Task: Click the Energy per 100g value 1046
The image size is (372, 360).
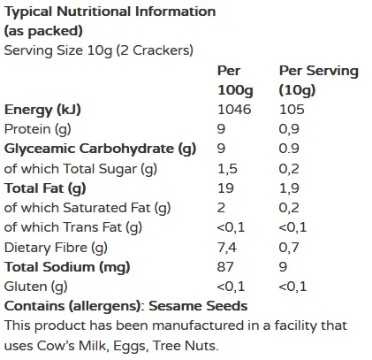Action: coord(234,110)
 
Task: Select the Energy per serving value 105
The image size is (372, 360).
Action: coord(291,110)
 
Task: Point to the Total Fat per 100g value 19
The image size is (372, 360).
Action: coord(225,188)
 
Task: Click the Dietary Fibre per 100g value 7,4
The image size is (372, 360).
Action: coord(228,247)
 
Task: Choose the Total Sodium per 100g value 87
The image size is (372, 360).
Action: coord(225,266)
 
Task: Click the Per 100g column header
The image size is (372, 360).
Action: coord(234,80)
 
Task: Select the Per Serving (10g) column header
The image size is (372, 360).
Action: coord(318,80)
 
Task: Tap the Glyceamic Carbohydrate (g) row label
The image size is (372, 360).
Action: coord(100,149)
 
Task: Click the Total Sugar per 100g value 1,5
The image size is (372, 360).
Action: coord(228,168)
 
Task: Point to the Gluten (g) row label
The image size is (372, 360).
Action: coord(35,286)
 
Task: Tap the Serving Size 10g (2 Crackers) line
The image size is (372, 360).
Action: coord(98,51)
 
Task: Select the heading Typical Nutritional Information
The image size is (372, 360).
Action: coord(110,12)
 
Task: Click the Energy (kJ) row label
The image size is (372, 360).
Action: coord(42,110)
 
